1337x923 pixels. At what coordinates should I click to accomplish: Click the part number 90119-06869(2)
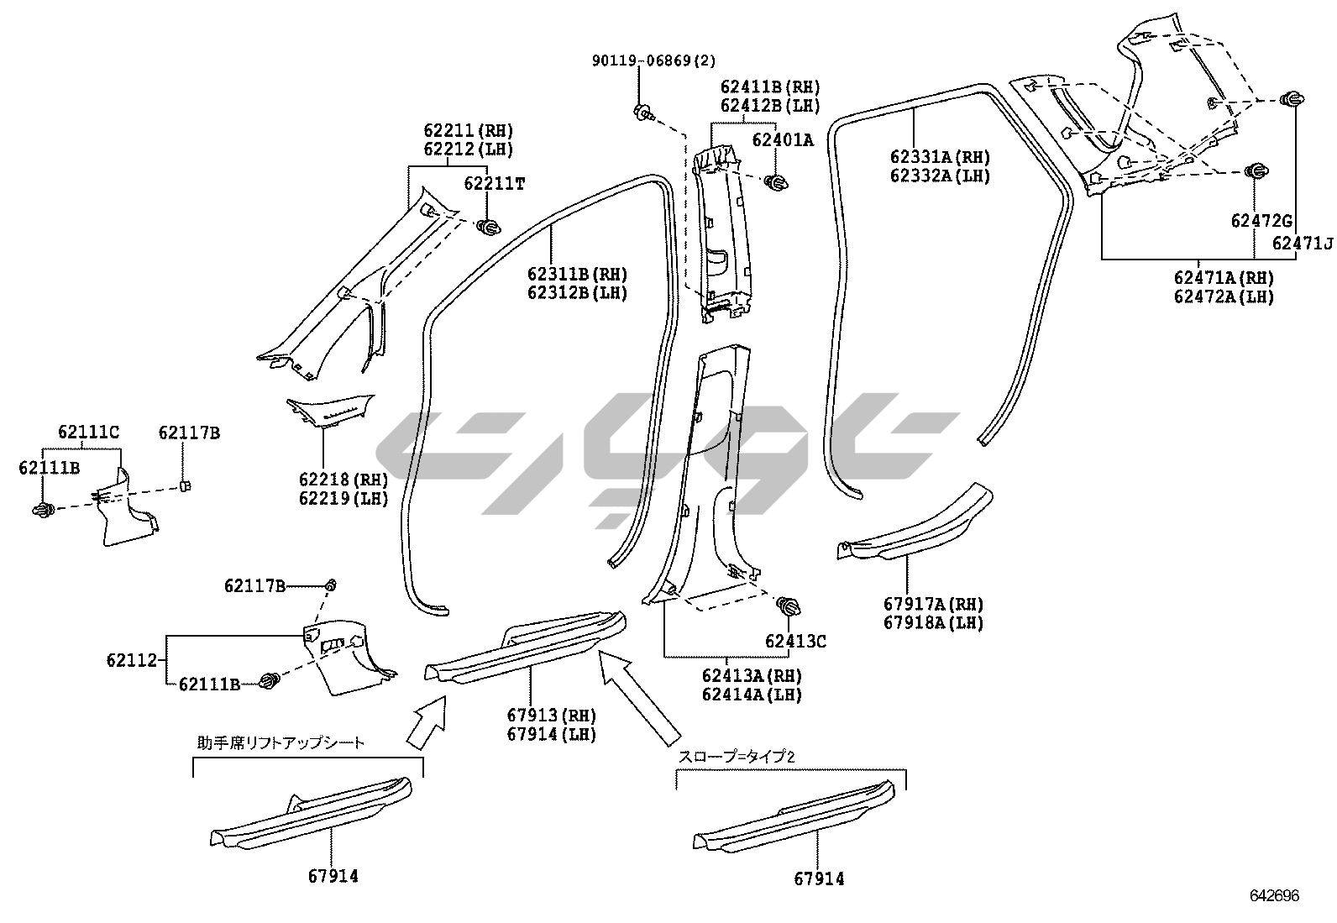click(653, 61)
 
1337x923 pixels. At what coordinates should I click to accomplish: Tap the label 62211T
click(494, 183)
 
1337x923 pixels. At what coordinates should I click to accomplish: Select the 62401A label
click(782, 140)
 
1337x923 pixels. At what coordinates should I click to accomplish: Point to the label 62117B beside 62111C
click(189, 433)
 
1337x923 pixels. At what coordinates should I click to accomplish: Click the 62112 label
click(132, 660)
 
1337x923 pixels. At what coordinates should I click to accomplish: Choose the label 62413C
click(794, 642)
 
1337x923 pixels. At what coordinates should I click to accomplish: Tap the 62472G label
click(1261, 221)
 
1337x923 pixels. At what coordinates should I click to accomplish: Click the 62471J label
click(1302, 244)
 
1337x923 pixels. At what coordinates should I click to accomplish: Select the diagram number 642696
click(1274, 896)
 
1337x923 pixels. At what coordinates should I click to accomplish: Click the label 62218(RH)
click(343, 480)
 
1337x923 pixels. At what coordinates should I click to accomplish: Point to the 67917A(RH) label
click(933, 604)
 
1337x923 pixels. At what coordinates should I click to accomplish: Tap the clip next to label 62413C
click(788, 606)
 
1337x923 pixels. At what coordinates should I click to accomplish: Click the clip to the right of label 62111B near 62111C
click(44, 509)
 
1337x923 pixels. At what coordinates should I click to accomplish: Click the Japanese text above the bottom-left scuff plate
click(281, 742)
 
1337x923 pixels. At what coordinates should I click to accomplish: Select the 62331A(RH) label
click(940, 157)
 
